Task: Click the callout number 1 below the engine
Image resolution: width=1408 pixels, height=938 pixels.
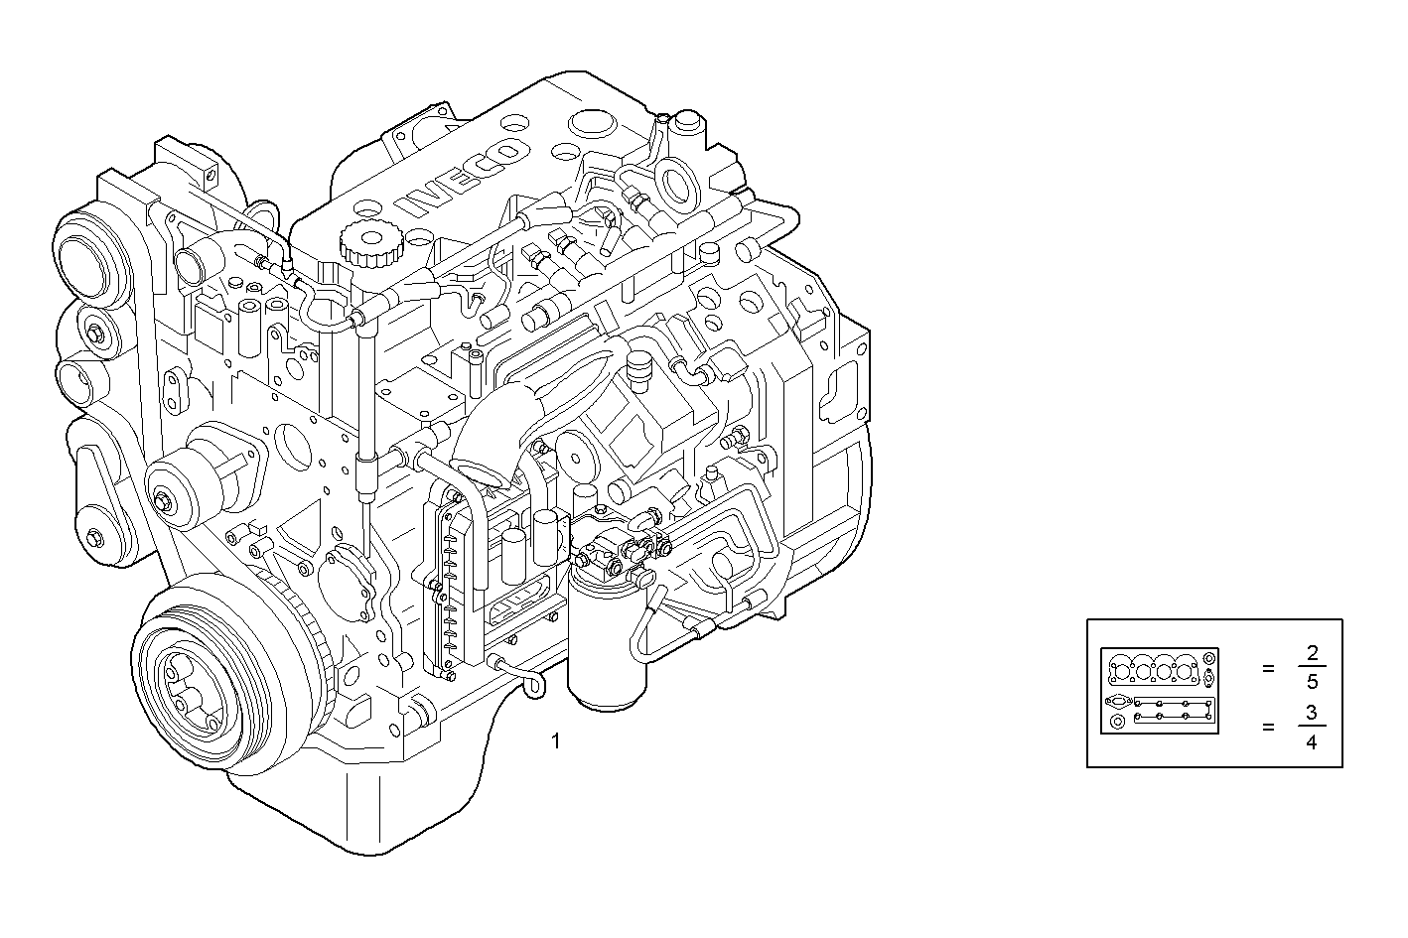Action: (x=556, y=739)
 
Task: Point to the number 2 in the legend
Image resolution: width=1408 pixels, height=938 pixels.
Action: (x=1312, y=652)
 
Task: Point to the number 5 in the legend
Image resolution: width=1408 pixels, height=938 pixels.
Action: (x=1312, y=683)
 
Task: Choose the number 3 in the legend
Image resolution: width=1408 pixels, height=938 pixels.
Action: (x=1312, y=712)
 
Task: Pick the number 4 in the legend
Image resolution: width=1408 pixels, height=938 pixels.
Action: (x=1312, y=741)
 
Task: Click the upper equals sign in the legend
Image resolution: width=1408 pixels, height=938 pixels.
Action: (x=1268, y=669)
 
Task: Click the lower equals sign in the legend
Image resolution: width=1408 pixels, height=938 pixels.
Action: (x=1268, y=727)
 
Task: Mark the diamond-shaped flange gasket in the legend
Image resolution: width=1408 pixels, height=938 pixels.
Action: (x=1118, y=701)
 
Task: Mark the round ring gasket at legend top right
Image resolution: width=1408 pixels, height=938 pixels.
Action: (x=1208, y=658)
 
